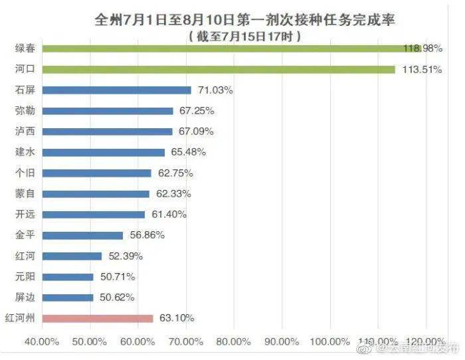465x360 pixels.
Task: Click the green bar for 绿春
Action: [232, 48]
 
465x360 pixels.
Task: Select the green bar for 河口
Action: [219, 69]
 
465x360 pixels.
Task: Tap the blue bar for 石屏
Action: [117, 90]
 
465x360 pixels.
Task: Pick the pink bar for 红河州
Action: [98, 318]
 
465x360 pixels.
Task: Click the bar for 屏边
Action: [68, 298]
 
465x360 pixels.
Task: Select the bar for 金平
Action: [83, 235]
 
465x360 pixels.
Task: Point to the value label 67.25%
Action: [197, 111]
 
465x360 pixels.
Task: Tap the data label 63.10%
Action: [177, 318]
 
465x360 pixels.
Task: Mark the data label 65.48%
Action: [188, 152]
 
